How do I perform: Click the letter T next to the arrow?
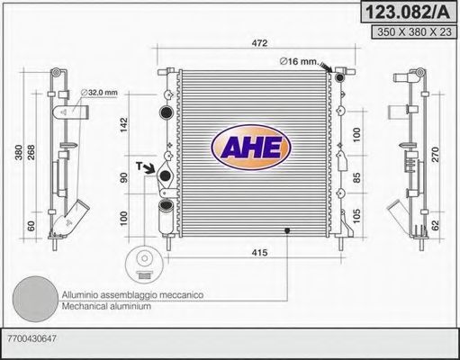(140, 166)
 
